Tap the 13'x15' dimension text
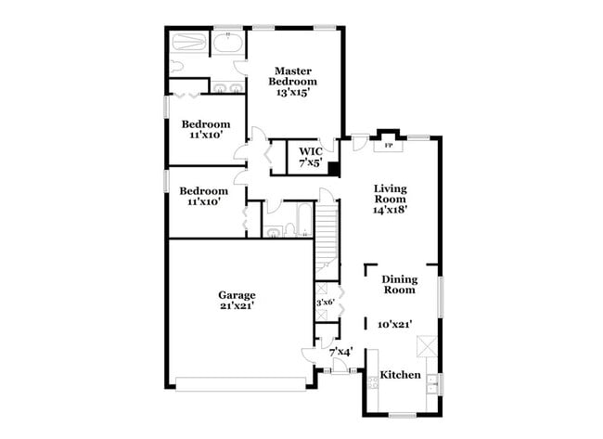click(292, 92)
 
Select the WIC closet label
click(309, 150)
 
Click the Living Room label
click(390, 193)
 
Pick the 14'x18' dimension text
click(390, 209)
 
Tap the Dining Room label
click(400, 284)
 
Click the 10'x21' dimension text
click(395, 325)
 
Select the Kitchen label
click(400, 375)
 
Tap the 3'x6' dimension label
click(326, 303)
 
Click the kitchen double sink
click(433, 382)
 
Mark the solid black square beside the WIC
click(333, 169)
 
